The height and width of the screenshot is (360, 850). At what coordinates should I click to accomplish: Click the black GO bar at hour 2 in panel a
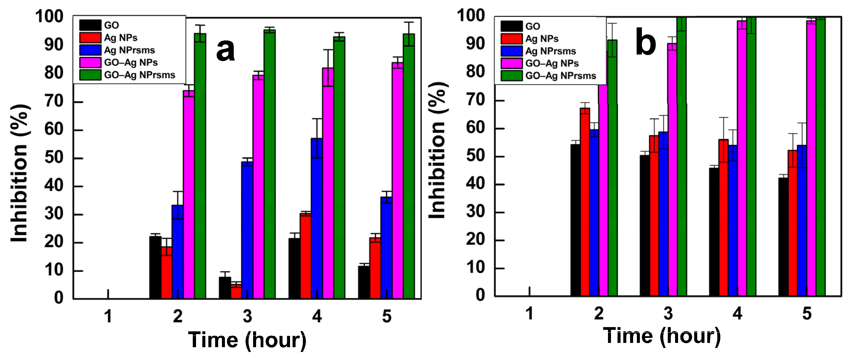point(155,267)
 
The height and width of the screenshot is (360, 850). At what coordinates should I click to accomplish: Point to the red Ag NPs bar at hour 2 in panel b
point(585,201)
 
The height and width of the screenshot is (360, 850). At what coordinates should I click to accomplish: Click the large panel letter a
point(225,49)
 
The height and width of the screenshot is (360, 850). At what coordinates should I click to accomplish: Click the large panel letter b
point(645,42)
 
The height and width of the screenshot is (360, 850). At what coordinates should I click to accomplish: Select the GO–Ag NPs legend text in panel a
point(131,62)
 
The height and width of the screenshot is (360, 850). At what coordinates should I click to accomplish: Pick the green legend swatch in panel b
point(511,76)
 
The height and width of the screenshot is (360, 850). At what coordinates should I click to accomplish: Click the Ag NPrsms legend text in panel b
point(550,51)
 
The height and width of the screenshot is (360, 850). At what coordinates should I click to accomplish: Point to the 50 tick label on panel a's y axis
point(54,158)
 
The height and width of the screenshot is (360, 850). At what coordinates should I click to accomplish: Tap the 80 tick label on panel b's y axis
point(475,72)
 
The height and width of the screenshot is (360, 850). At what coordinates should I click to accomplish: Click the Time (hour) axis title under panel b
point(662,336)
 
